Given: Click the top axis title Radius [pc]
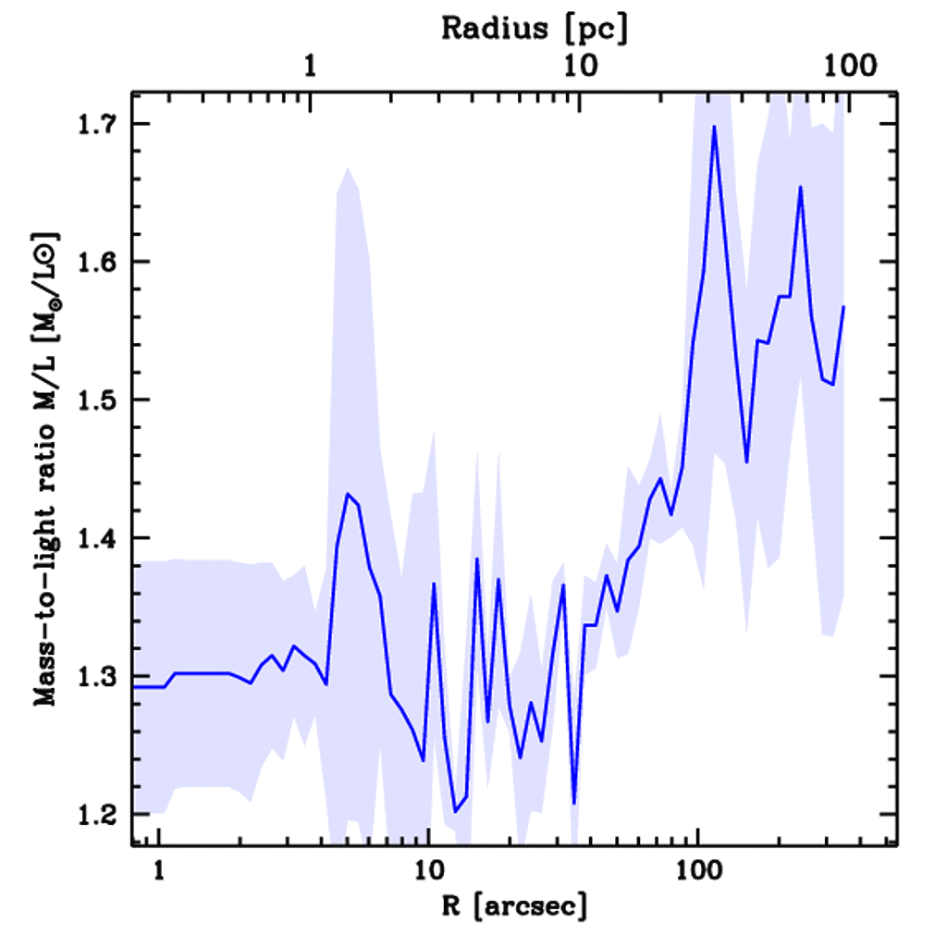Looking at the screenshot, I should (535, 29).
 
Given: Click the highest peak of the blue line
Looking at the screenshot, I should (714, 126).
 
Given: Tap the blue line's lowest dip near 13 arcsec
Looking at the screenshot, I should (455, 811).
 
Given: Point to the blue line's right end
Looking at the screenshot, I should (843, 306).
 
